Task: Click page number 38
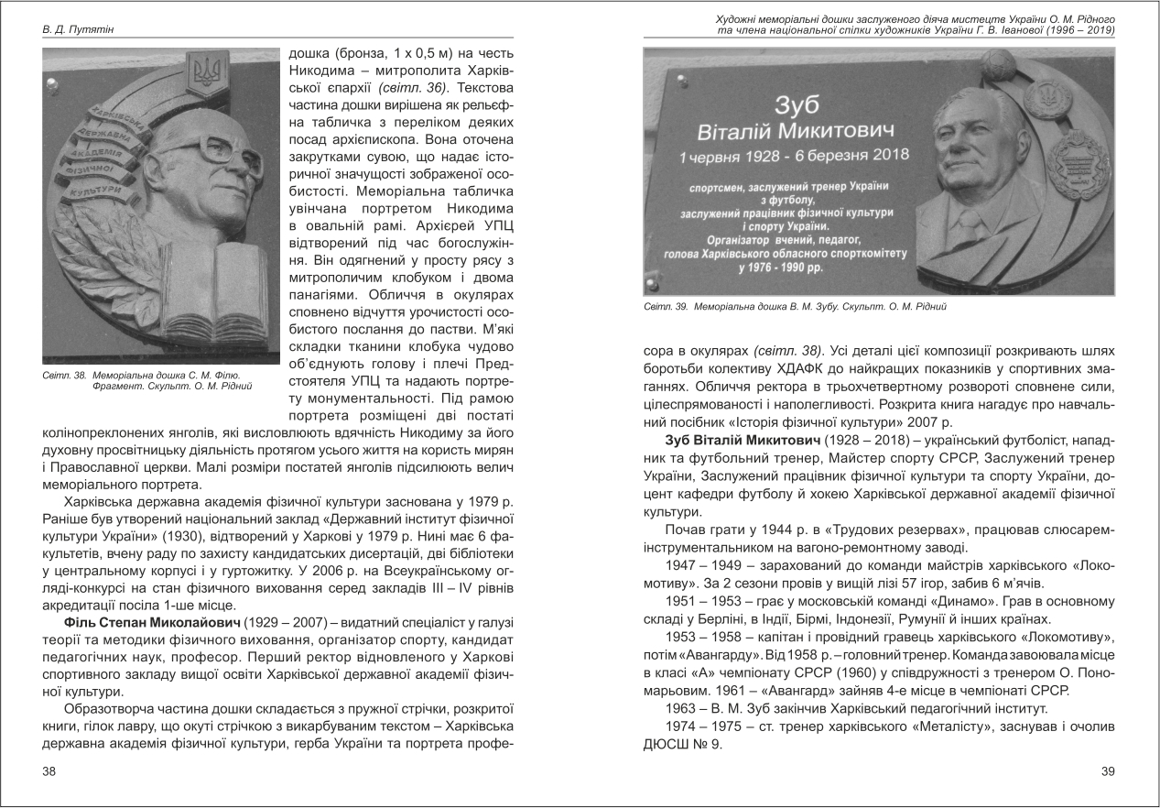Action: (49, 771)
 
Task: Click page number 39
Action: (1107, 771)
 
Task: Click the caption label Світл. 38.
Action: (65, 375)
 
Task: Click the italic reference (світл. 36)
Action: (413, 88)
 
